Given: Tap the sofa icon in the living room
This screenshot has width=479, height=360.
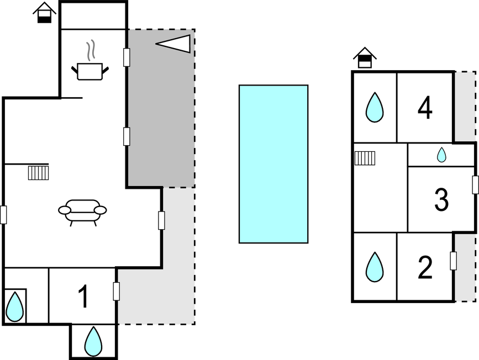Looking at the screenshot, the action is (82, 212).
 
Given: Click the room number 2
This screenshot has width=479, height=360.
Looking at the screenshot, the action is (425, 267).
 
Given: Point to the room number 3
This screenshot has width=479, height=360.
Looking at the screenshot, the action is (441, 200).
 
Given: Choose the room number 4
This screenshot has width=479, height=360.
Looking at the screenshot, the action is (425, 108).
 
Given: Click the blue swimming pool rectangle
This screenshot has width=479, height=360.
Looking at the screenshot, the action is (273, 164).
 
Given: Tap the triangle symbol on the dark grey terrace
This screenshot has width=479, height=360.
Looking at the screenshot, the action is (173, 44).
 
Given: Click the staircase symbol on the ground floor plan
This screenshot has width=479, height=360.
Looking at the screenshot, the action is (39, 173).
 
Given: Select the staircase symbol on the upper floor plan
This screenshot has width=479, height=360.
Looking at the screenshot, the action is (365, 158).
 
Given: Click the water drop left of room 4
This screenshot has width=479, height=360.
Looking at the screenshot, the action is (375, 108).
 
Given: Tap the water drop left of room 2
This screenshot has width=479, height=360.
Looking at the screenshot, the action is (375, 267).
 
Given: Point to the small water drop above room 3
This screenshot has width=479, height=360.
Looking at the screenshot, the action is (441, 155).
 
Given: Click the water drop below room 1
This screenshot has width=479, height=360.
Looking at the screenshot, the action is (93, 341).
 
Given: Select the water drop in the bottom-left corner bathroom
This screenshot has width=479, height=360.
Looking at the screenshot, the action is (15, 306).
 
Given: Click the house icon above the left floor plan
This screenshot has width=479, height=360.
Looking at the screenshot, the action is (44, 13).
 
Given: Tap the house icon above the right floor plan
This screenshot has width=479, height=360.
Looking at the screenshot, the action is (365, 57).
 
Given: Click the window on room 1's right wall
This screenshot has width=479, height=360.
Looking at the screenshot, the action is (117, 292).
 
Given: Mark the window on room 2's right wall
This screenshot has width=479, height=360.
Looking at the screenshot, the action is (454, 261).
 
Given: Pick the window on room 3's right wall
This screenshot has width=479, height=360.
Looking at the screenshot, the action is (475, 185).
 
